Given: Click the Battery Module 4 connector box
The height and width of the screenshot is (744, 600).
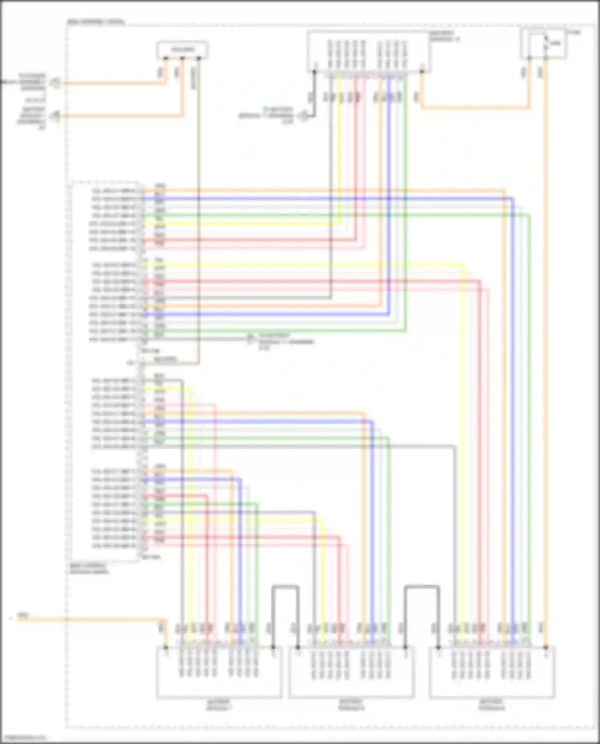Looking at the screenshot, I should (368, 52).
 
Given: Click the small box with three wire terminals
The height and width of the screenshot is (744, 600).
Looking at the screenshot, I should (182, 50).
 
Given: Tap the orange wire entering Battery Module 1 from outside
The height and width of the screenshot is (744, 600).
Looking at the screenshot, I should (92, 620).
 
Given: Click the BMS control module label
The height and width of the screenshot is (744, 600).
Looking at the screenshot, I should (88, 568).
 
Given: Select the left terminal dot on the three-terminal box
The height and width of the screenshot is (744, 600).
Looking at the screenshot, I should (165, 58).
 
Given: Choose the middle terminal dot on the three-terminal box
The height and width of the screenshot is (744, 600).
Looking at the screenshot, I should (182, 58).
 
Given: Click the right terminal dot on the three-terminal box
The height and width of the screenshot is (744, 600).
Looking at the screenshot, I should (199, 58).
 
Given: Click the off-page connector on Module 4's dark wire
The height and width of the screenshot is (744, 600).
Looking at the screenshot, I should (304, 116).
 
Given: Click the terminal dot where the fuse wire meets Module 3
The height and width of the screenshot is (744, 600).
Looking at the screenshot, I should (546, 647).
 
